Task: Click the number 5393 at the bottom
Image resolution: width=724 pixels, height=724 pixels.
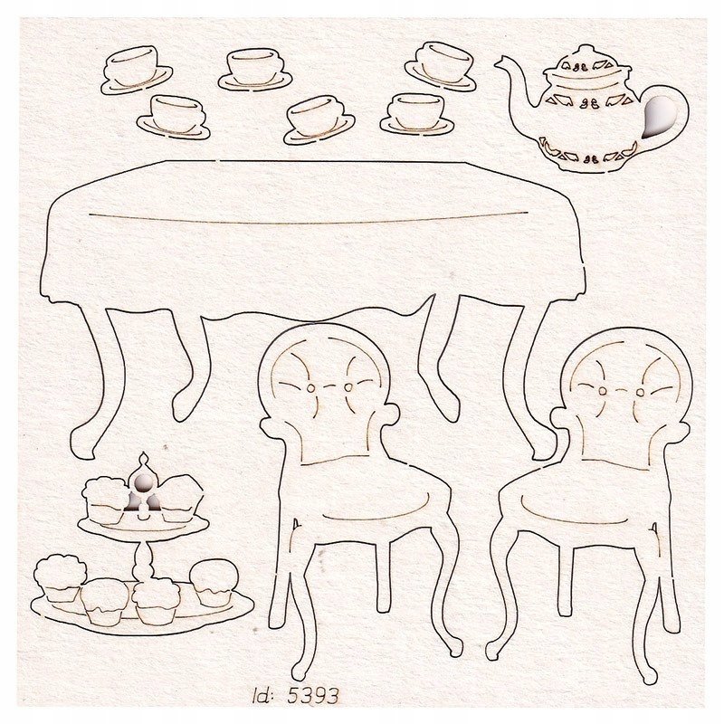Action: point(315,696)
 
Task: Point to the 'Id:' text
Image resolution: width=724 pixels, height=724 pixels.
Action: point(266,696)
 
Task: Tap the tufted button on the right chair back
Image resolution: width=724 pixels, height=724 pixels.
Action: point(625,387)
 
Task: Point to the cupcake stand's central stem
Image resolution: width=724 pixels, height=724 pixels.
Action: point(141,557)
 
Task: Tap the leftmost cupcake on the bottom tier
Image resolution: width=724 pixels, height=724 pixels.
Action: point(60,579)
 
